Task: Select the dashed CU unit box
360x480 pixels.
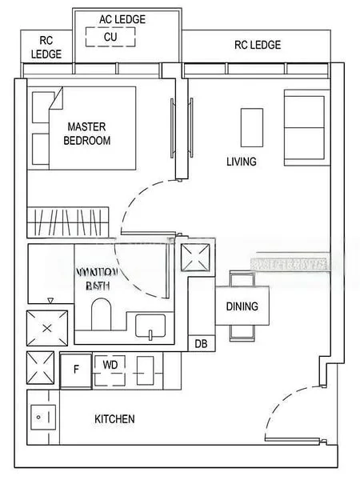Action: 110,37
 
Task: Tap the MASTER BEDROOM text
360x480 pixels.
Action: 86,133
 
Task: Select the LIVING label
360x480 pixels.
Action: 241,162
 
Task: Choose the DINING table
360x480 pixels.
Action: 242,306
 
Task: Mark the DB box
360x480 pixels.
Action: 200,344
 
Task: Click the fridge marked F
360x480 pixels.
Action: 76,370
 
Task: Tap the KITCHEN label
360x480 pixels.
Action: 114,419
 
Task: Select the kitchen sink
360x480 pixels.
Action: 42,418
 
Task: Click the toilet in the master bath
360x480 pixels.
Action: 102,314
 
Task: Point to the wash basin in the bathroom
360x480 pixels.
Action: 150,326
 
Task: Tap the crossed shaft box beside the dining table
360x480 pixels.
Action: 197,258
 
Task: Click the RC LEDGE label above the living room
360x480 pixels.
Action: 257,46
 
